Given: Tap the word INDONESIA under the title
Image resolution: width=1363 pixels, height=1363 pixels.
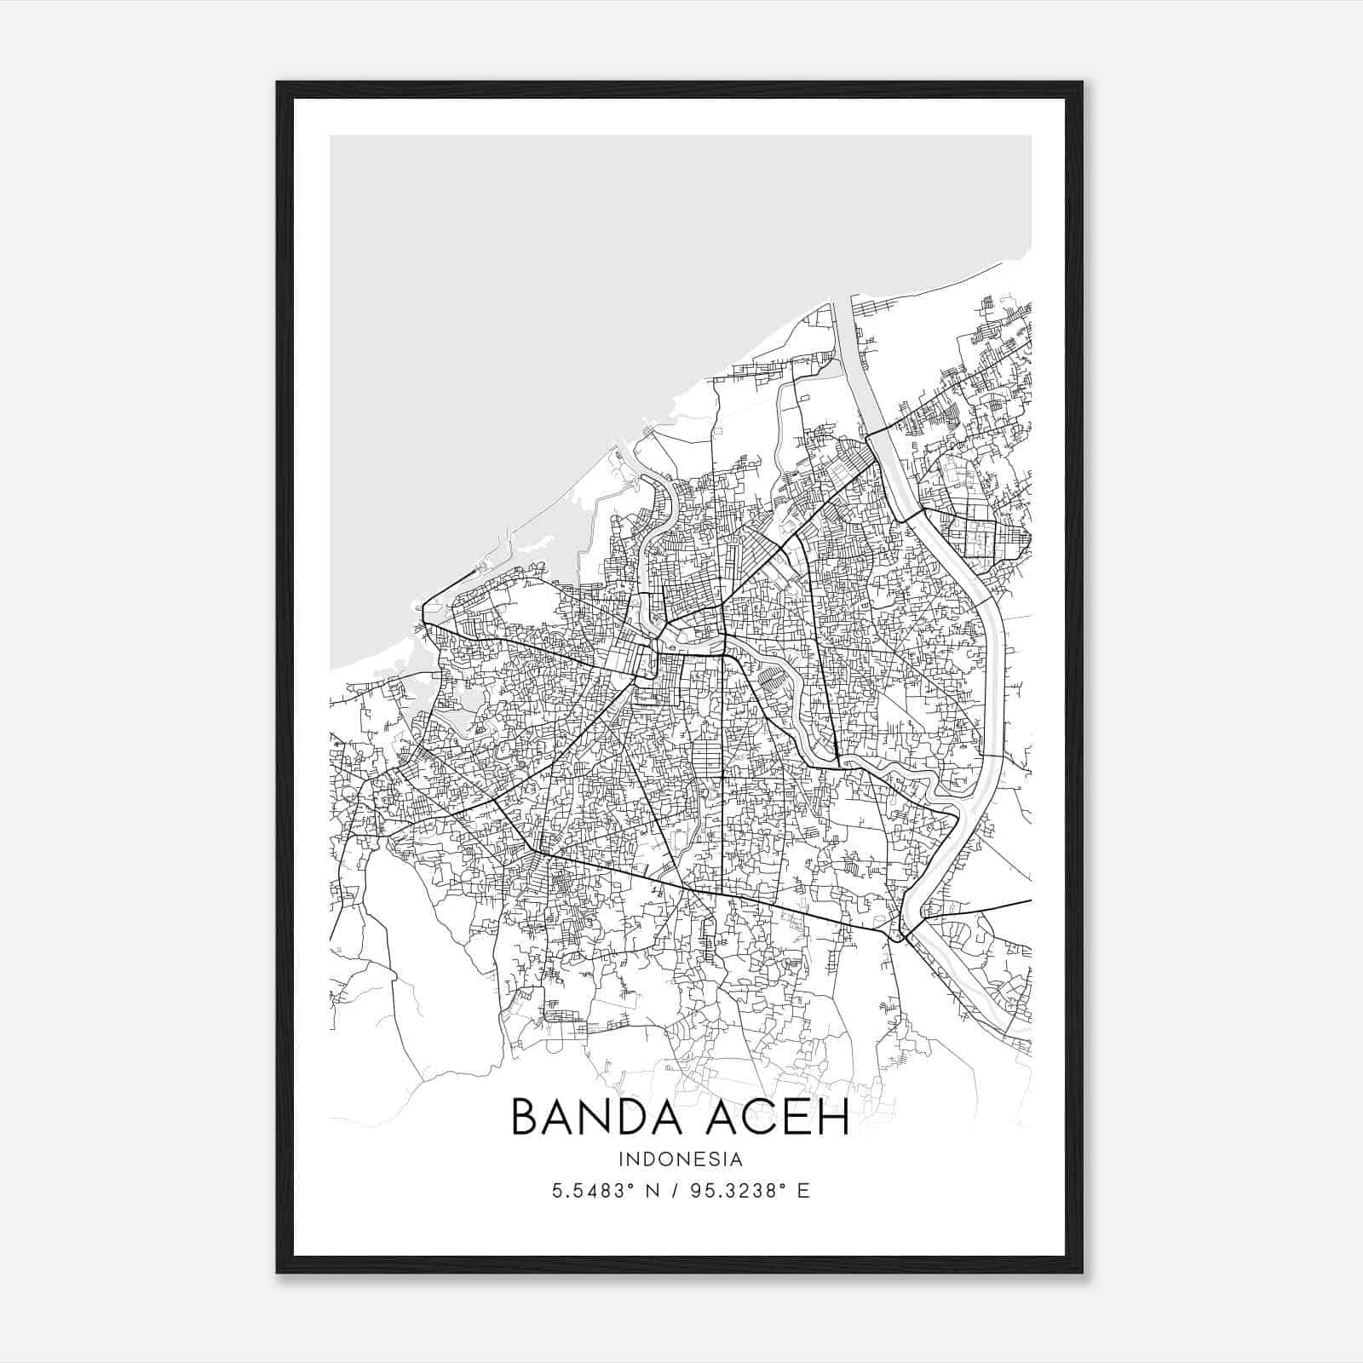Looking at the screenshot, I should (x=681, y=1159).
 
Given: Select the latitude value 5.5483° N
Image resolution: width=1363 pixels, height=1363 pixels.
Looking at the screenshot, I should (x=605, y=1191).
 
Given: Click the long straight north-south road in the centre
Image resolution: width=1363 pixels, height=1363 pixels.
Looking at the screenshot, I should (x=722, y=767).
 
